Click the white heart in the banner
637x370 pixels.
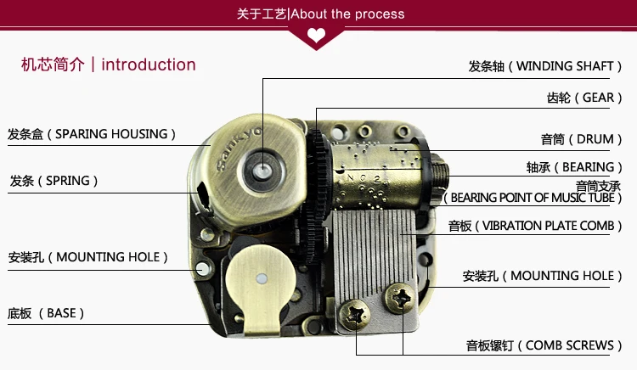[x=316, y=36]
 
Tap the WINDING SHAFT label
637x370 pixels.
[x=544, y=66]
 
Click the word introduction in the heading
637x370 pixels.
[x=149, y=64]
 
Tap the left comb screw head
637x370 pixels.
[x=354, y=315]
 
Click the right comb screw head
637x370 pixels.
[x=400, y=298]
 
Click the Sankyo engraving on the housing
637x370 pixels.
[x=239, y=149]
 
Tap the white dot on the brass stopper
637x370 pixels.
[x=262, y=278]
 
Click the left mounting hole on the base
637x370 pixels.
[x=202, y=268]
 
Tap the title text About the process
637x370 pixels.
[x=347, y=14]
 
